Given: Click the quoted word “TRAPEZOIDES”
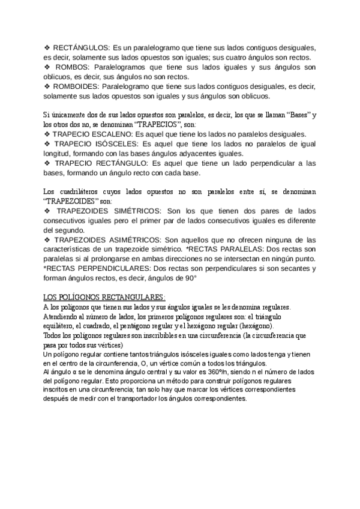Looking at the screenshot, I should (x=73, y=201).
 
